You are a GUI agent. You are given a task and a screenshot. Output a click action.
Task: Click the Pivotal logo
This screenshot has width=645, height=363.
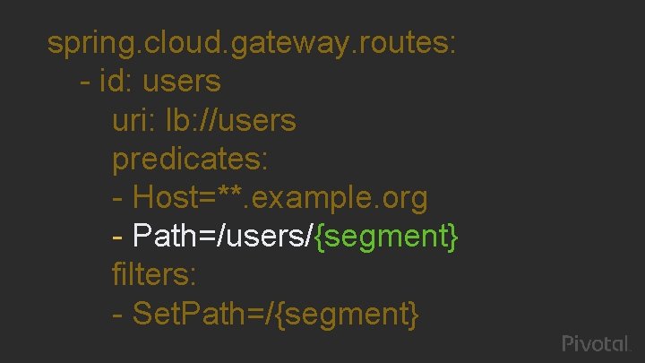[598, 343]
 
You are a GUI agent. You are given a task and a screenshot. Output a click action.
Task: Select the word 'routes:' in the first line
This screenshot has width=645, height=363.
[412, 42]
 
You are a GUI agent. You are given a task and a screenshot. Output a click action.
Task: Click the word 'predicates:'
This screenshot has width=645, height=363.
[190, 159]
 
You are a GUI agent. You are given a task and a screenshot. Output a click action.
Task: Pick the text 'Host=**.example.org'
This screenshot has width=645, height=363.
[279, 197]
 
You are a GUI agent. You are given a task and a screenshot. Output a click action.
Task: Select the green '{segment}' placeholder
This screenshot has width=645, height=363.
[388, 237]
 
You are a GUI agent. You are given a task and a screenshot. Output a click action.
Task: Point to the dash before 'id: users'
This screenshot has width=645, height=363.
[85, 82]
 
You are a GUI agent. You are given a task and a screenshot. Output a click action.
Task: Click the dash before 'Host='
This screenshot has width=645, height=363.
[118, 198]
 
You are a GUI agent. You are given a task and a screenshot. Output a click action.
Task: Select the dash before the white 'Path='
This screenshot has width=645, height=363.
[118, 238]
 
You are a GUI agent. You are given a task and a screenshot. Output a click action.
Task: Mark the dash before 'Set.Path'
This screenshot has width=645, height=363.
[118, 315]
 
